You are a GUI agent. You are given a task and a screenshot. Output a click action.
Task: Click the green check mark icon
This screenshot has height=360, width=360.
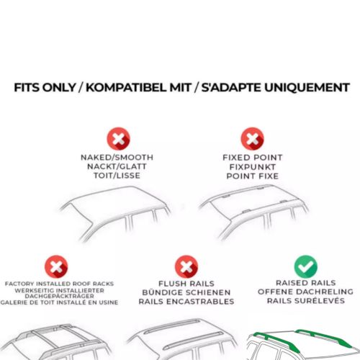click(306, 266)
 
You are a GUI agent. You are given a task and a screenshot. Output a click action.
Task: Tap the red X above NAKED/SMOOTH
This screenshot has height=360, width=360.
click(118, 139)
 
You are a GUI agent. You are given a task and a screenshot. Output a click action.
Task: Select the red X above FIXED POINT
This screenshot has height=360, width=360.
click(253, 139)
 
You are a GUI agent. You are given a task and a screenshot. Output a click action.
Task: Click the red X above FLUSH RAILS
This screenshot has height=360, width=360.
click(186, 266)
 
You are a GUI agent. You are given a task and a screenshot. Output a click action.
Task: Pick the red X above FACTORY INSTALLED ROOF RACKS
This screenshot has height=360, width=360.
click(56, 266)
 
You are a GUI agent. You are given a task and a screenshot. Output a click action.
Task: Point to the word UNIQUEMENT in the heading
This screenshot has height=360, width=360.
click(307, 88)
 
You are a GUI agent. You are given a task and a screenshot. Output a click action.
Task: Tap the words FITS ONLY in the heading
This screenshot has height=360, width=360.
click(45, 88)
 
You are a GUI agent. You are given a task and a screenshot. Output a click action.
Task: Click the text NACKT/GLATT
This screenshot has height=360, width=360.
click(117, 166)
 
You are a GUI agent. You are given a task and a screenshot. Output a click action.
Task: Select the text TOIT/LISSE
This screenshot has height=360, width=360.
click(117, 176)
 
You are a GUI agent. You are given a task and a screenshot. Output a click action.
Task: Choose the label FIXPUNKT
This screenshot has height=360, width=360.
click(253, 167)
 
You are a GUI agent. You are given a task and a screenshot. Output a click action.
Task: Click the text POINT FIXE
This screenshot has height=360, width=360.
click(253, 176)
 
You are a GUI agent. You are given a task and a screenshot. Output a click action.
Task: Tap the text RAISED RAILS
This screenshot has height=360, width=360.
click(306, 283)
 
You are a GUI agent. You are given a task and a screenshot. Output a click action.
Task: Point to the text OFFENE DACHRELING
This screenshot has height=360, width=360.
click(305, 292)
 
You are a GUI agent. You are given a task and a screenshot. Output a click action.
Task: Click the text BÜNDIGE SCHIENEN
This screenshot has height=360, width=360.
click(186, 292)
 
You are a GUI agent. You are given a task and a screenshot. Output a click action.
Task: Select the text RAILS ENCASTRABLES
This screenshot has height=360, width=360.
click(186, 302)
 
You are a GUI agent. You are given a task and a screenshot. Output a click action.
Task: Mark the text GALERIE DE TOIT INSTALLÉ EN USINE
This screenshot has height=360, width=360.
click(59, 302)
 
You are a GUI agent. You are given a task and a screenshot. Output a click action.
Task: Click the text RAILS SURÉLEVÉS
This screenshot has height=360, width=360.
click(306, 300)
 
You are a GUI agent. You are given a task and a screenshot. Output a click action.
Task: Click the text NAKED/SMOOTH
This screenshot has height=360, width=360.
click(117, 157)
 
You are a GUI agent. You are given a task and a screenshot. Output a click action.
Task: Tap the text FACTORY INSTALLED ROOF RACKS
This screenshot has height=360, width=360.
click(59, 284)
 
